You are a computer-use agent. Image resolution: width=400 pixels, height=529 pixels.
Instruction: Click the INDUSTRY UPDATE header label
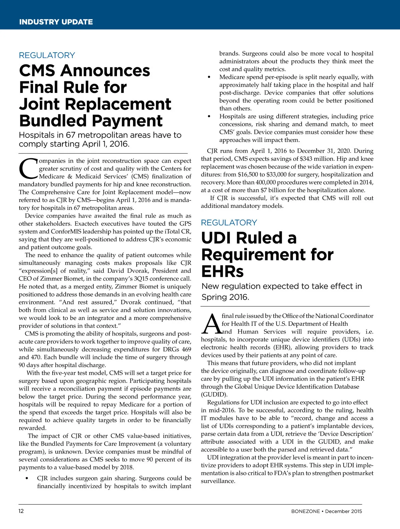point(56,22)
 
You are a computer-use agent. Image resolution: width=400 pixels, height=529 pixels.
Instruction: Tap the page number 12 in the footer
point(21,511)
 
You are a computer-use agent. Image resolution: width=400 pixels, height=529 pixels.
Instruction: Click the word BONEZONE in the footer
point(305,511)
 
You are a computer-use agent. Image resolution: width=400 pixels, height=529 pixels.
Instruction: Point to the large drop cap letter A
point(211,324)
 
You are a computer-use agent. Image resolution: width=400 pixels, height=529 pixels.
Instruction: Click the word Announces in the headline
point(105,71)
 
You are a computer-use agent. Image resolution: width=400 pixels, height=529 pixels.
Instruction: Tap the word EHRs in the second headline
point(222,271)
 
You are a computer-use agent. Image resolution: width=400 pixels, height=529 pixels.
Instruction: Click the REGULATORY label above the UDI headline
point(229,223)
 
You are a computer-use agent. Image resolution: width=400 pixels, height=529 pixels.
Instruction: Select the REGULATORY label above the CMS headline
point(47,55)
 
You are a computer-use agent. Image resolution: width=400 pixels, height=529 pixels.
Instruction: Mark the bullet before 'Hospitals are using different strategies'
point(209,117)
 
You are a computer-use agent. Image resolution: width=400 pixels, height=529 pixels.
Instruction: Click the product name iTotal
point(173,232)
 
